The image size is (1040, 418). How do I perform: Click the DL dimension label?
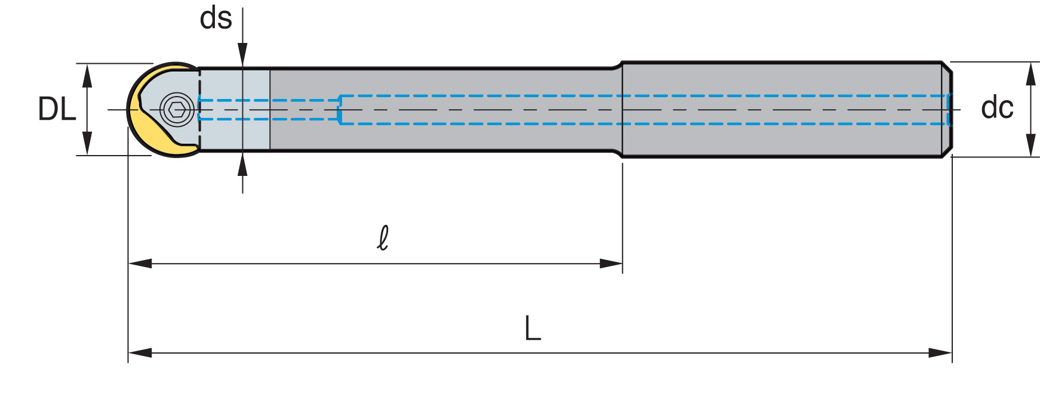click(x=57, y=109)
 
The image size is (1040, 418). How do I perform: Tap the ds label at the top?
click(x=216, y=18)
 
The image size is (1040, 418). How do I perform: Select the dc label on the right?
click(x=996, y=108)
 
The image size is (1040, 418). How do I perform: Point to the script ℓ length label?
click(x=383, y=238)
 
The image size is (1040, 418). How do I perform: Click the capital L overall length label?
click(x=532, y=328)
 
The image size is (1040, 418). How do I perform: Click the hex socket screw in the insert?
click(x=177, y=110)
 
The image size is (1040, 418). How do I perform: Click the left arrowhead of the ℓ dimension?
click(x=140, y=264)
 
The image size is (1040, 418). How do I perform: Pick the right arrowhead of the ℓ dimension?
click(x=611, y=264)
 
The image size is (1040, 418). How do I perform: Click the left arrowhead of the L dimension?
click(x=140, y=353)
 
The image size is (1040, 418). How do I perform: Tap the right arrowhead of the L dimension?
click(x=940, y=353)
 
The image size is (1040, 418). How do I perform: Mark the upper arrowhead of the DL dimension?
click(x=87, y=75)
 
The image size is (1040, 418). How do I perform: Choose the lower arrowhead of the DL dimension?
click(x=87, y=144)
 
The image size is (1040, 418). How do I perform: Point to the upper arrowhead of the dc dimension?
click(x=1031, y=73)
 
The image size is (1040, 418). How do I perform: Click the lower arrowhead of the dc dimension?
click(x=1031, y=145)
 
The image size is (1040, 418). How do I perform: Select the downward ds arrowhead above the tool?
click(x=242, y=55)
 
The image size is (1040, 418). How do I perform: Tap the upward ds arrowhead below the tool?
click(x=242, y=164)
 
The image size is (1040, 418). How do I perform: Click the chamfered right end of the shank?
click(x=947, y=110)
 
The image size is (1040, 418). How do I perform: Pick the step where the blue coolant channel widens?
click(x=340, y=110)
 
